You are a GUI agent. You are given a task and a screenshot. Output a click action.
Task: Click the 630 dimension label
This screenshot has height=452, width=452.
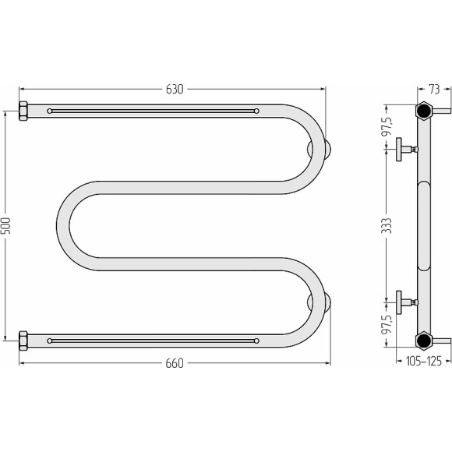175,90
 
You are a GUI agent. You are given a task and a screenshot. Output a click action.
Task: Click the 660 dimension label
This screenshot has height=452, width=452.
175,363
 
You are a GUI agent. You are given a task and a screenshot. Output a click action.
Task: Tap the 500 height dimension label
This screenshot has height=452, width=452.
6,226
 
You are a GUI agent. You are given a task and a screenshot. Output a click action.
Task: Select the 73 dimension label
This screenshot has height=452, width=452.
434,89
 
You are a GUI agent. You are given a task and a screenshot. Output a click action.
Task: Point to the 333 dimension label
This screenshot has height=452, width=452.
388,226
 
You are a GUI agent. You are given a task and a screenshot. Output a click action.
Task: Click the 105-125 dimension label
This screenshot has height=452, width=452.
423,361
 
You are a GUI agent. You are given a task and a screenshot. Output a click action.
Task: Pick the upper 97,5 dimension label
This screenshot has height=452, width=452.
388,126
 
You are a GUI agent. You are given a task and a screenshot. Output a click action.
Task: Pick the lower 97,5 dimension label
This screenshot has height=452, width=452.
388,324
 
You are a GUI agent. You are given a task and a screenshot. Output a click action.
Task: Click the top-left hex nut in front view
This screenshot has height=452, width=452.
23,111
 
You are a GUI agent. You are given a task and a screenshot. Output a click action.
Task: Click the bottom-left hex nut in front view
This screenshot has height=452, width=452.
23,341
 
